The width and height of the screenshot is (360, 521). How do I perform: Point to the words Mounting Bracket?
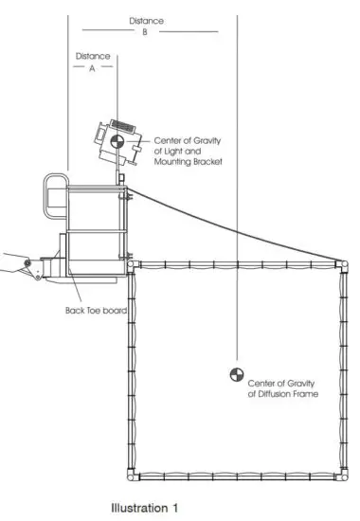pyautogui.click(x=188, y=163)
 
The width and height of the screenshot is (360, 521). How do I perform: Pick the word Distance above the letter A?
pyautogui.click(x=91, y=55)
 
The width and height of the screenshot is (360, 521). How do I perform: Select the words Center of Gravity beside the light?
pyautogui.click(x=189, y=140)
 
